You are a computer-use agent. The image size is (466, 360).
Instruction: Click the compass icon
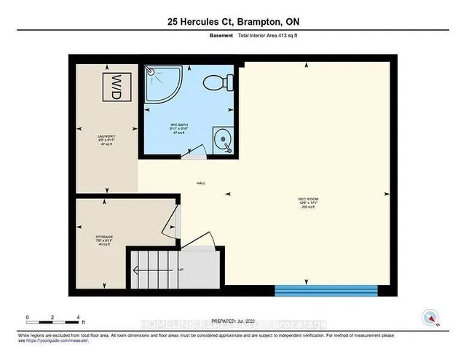pos(431,317)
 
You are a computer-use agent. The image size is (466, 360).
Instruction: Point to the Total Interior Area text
pos(269,35)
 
